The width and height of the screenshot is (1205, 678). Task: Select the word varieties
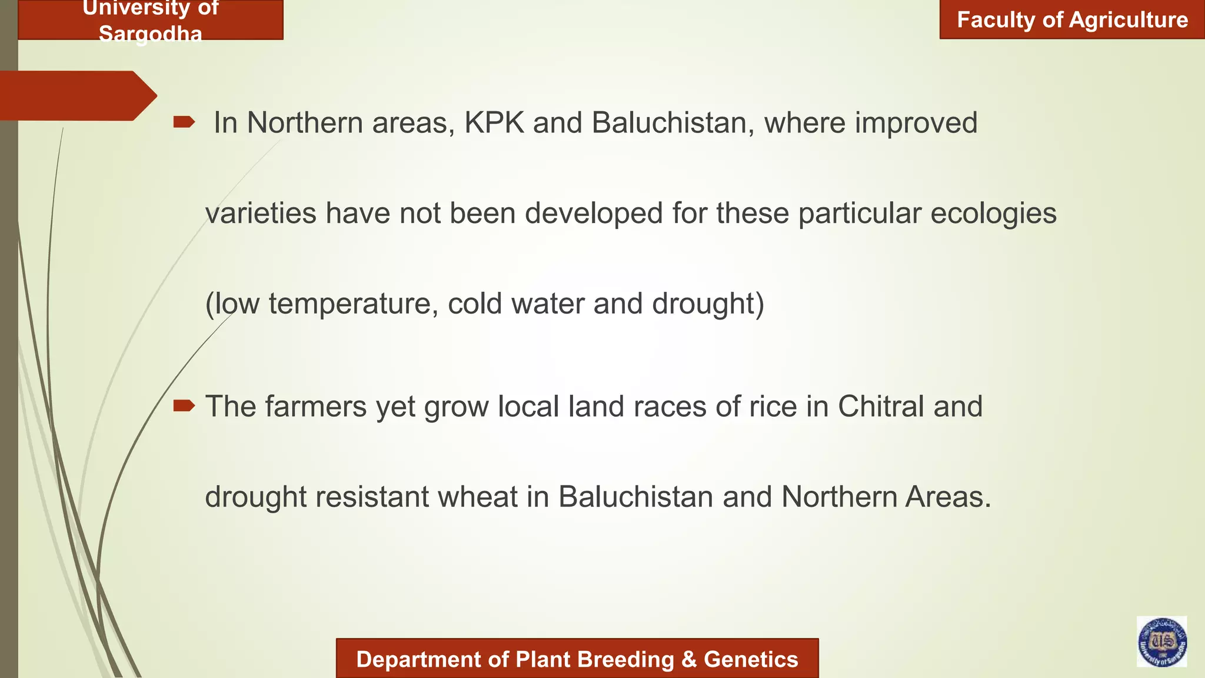pos(261,213)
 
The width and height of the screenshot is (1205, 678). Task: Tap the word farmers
pos(315,407)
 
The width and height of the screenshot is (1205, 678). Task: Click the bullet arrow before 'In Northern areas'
pos(184,122)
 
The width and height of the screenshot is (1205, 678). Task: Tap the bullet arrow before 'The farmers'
pos(184,406)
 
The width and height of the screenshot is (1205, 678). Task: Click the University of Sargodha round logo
pos(1161,642)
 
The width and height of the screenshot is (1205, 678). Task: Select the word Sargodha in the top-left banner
pos(151,34)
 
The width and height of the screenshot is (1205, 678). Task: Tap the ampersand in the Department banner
pos(688,660)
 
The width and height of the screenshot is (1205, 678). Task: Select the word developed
pos(594,213)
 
